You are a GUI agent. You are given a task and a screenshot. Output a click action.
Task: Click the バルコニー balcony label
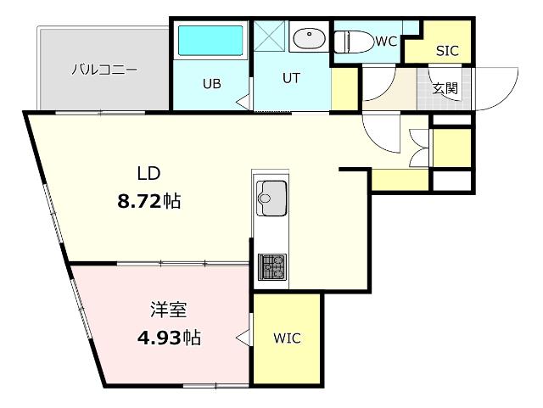point(104,70)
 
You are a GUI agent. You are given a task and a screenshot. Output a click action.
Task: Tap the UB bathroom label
point(212,84)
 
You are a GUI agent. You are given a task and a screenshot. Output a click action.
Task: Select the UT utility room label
point(291,78)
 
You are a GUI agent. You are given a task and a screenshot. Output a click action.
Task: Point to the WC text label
point(386,42)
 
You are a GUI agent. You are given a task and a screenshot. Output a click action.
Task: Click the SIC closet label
point(447,51)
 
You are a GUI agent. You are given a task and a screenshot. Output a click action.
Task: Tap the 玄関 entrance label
point(445,88)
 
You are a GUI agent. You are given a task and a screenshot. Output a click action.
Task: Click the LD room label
point(148,173)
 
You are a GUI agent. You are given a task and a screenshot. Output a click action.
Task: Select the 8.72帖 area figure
point(149,201)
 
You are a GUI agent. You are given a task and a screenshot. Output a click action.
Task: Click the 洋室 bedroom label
point(169,310)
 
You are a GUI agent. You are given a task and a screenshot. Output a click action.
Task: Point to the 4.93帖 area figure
point(169,337)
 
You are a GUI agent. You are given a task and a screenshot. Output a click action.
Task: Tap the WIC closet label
point(287,338)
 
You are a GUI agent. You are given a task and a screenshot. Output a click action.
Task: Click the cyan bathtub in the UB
point(210,41)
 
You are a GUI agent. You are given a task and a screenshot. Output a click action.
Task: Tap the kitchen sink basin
point(271,198)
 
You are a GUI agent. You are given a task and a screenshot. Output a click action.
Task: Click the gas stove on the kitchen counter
point(272,266)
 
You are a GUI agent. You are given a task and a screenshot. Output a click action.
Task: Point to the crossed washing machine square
point(270,36)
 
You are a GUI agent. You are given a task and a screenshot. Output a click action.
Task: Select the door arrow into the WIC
point(243,337)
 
